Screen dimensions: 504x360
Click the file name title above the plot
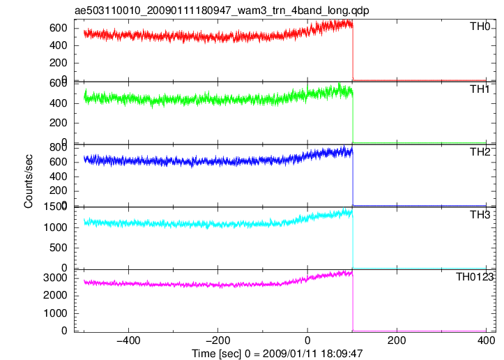click(222, 10)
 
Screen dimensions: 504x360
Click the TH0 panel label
click(480, 27)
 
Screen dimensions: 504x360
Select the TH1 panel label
click(480, 89)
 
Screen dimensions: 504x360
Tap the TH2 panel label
click(480, 152)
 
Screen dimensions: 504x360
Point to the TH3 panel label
click(480, 215)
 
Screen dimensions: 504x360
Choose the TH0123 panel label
click(475, 277)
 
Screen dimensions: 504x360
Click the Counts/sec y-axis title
click(29, 181)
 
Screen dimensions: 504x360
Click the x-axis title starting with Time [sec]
click(277, 353)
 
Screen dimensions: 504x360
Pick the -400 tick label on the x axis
click(128, 340)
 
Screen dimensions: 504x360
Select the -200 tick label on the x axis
click(218, 340)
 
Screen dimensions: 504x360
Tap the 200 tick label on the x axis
click(397, 340)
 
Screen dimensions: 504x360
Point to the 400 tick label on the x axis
click(486, 340)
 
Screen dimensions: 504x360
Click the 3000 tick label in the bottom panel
click(55, 278)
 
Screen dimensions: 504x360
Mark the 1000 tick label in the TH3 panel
click(55, 227)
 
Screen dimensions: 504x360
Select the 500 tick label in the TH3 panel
click(59, 248)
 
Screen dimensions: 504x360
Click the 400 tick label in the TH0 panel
click(59, 45)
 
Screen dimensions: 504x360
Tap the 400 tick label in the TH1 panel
click(59, 103)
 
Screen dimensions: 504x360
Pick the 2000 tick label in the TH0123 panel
click(55, 295)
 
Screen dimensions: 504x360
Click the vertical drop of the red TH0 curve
click(353, 53)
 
